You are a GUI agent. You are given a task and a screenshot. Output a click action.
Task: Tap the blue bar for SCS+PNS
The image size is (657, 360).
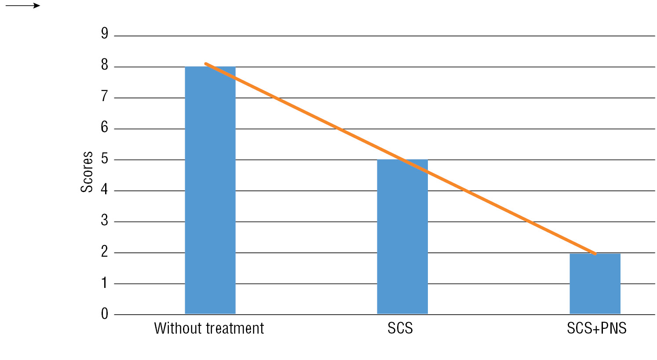595,284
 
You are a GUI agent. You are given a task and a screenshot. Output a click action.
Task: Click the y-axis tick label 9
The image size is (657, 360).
104,33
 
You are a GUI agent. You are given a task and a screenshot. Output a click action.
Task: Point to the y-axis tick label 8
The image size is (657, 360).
104,65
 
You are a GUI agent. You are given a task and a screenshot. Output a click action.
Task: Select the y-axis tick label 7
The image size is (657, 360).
104,96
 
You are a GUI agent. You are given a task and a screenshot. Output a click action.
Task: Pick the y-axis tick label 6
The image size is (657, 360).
104,127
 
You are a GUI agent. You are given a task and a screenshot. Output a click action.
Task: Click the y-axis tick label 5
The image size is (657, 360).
104,158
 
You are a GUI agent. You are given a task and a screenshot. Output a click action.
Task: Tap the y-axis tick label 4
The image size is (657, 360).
104,189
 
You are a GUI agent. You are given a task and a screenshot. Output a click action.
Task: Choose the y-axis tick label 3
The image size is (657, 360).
104,220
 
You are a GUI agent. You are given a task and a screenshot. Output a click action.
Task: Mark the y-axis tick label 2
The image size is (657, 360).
104,251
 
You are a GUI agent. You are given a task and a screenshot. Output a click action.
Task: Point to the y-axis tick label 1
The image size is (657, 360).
104,283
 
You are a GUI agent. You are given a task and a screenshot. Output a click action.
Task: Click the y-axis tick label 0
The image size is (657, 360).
104,313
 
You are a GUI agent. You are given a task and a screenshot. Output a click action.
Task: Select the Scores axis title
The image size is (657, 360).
87,172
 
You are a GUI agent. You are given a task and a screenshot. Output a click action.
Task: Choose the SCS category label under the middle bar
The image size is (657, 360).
400,328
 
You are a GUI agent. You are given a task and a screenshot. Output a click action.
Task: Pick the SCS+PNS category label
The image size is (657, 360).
596,328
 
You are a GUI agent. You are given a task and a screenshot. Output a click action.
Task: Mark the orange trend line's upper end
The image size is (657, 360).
206,64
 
